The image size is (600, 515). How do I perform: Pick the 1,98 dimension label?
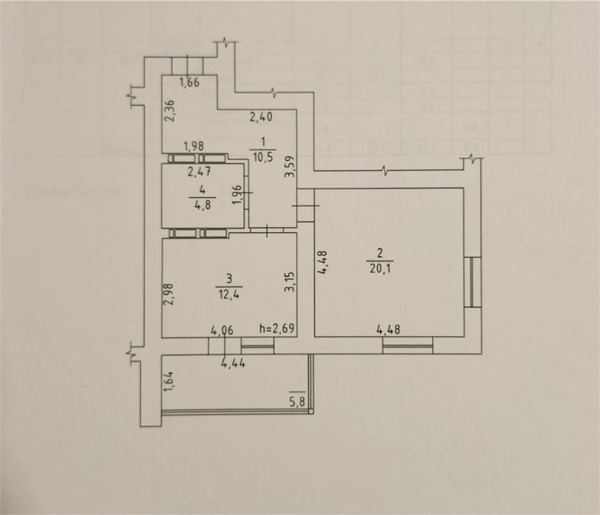[194, 145]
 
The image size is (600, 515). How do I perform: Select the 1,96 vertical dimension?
[237, 195]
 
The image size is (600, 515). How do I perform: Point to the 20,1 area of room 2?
[383, 267]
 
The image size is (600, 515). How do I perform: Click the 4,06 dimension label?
[223, 329]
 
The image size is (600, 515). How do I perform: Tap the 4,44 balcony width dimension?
[235, 361]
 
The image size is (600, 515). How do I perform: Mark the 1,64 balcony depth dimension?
[169, 384]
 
